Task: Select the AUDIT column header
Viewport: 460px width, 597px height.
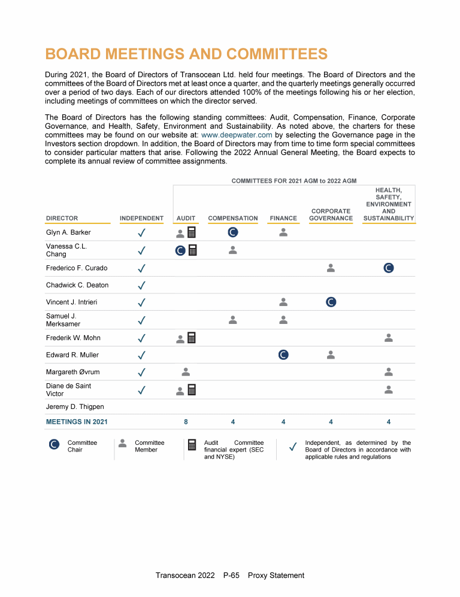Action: click(186, 219)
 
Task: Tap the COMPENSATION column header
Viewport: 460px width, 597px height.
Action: click(232, 219)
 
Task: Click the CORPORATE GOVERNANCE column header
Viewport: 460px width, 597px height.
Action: click(331, 214)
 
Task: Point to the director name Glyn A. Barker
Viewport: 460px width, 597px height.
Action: click(69, 232)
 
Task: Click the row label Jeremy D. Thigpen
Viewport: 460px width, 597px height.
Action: click(74, 407)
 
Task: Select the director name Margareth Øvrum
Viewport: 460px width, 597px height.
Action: click(72, 372)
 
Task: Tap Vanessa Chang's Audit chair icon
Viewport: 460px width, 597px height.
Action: click(180, 251)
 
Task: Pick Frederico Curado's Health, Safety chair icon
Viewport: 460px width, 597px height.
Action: click(388, 268)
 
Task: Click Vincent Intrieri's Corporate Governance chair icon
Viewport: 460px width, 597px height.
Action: click(331, 302)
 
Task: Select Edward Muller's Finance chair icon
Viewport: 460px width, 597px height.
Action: click(284, 355)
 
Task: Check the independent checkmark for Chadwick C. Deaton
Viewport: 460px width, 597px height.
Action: click(142, 285)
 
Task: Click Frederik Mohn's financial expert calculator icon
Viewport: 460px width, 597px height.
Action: click(192, 338)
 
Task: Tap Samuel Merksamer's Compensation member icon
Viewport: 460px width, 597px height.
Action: click(233, 320)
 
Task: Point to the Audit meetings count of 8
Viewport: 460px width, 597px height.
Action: click(186, 422)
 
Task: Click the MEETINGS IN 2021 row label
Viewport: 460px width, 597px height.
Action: click(77, 422)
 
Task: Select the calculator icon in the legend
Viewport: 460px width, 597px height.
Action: click(192, 445)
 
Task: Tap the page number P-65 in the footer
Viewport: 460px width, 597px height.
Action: click(231, 575)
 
